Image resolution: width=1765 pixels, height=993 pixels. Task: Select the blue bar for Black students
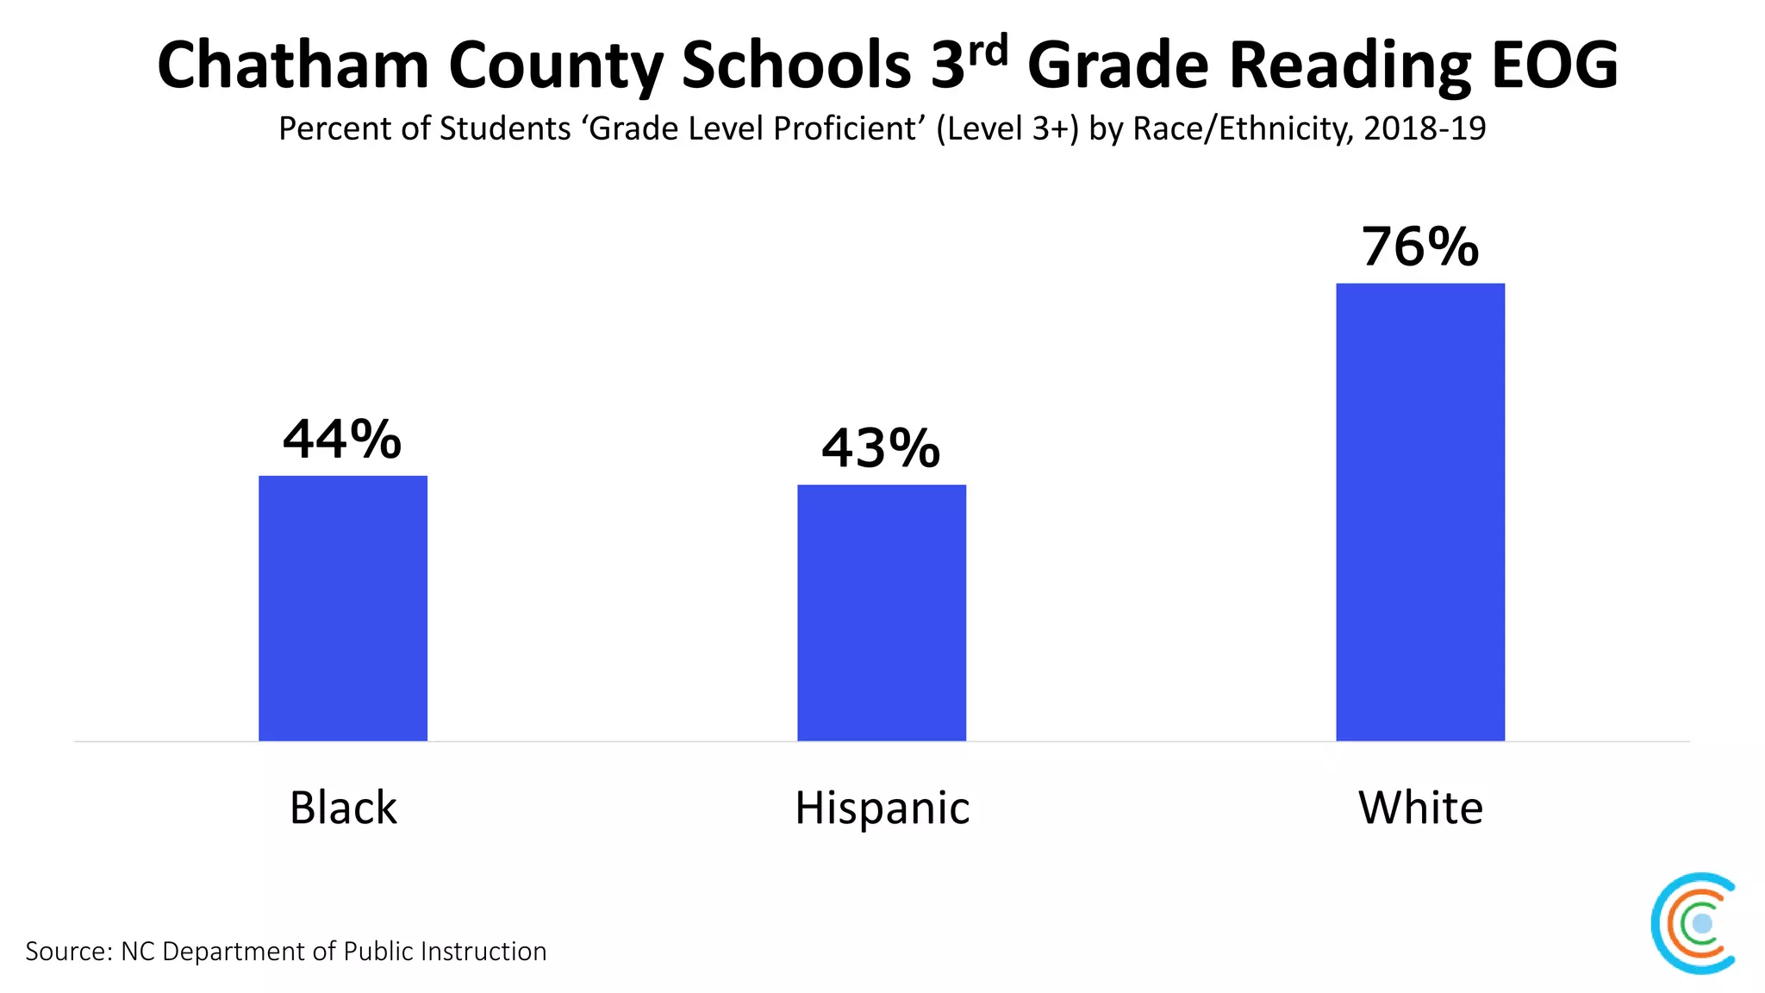tap(343, 608)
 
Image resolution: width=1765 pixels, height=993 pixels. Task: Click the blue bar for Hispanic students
tap(882, 612)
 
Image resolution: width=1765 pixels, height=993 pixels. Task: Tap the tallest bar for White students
tap(1420, 512)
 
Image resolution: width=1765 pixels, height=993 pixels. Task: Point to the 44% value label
tap(342, 440)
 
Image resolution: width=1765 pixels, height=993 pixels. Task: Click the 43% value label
tap(880, 448)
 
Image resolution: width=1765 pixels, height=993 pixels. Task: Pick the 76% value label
tap(1420, 247)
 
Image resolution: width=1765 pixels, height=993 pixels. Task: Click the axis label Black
tap(343, 808)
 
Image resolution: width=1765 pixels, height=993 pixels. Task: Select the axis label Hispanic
tap(882, 809)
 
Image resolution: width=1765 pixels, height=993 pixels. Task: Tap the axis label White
tap(1420, 808)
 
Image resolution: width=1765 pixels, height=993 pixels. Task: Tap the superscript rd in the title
tap(988, 52)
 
